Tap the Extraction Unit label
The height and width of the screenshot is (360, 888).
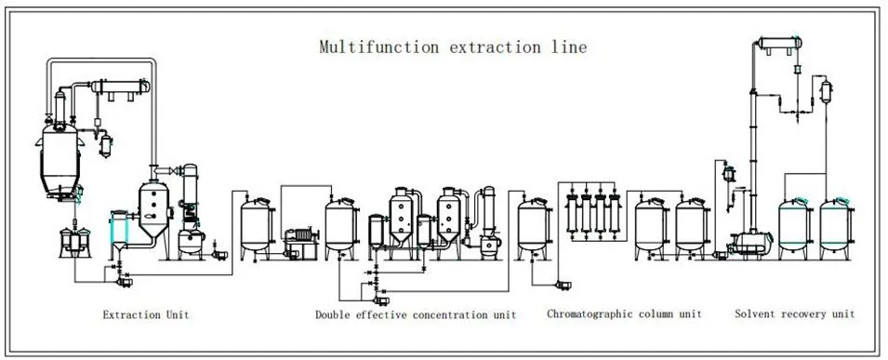146,314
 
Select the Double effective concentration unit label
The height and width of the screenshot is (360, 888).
416,314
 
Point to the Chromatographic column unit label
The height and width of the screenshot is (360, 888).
624,314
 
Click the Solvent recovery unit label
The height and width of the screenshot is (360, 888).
794,314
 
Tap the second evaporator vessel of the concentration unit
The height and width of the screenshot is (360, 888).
453,216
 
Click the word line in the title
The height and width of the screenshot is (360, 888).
569,47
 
